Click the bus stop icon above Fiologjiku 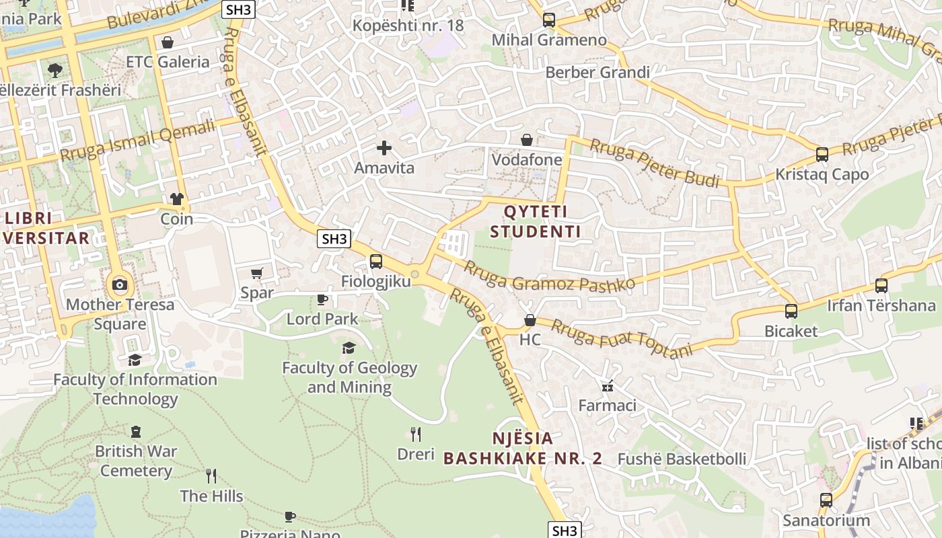click(x=375, y=262)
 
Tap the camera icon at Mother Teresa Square click(x=120, y=284)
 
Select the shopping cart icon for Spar click(x=256, y=273)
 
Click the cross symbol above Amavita click(x=384, y=148)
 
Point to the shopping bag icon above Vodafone click(x=527, y=140)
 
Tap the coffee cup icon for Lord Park click(x=322, y=299)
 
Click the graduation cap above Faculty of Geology click(x=349, y=348)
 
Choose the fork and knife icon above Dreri click(x=416, y=434)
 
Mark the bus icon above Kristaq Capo click(x=822, y=155)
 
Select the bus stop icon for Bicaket click(x=791, y=311)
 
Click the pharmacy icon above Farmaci click(x=608, y=387)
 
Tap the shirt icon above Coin click(x=176, y=199)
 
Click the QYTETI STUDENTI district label click(x=535, y=222)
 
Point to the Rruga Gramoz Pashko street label click(x=549, y=276)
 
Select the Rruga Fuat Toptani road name click(x=622, y=339)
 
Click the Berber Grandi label click(x=597, y=73)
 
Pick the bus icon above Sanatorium click(x=826, y=500)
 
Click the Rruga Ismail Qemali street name click(x=138, y=141)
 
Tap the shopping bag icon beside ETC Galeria click(x=168, y=43)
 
